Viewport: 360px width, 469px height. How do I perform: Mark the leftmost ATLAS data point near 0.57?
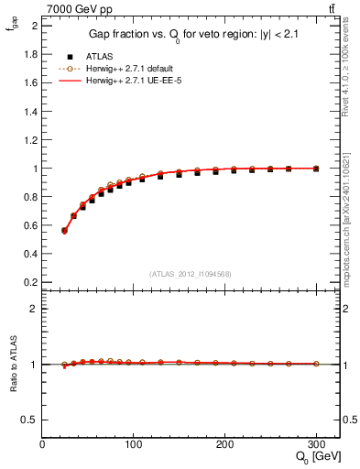coord(64,231)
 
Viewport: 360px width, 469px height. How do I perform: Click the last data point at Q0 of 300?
coord(316,169)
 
